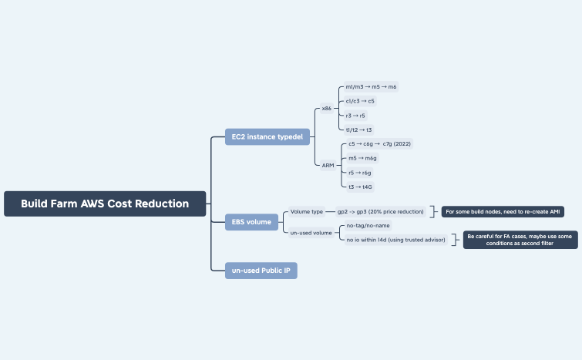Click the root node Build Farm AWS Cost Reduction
click(105, 204)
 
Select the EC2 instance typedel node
click(267, 137)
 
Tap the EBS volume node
click(251, 222)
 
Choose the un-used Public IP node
click(261, 270)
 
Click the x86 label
click(327, 109)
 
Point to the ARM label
click(328, 165)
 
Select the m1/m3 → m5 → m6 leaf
click(372, 87)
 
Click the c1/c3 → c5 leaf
click(361, 101)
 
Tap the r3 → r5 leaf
click(356, 116)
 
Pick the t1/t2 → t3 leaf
click(359, 130)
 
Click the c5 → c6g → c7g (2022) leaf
click(380, 143)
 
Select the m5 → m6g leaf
click(363, 158)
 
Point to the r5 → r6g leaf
click(360, 173)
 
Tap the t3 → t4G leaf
click(361, 187)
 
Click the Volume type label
click(307, 211)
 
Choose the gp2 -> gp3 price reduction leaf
click(380, 211)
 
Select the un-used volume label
click(311, 232)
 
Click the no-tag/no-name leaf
click(368, 225)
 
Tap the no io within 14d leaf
click(395, 240)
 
